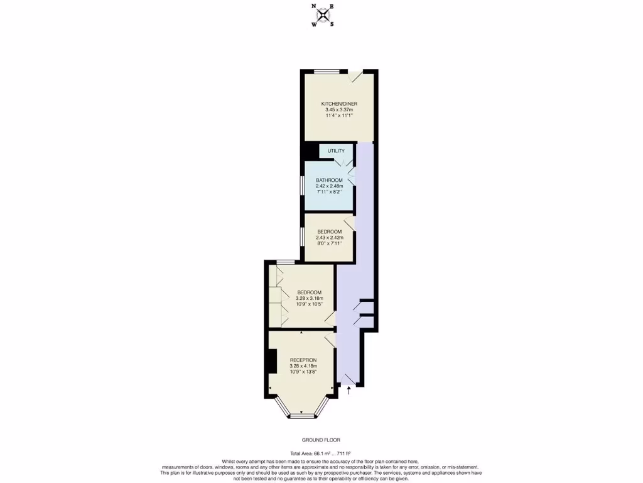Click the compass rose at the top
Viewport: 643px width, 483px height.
pyautogui.click(x=323, y=15)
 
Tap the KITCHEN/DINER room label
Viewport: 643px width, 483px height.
pyautogui.click(x=339, y=104)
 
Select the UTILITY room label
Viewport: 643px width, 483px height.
pyautogui.click(x=336, y=152)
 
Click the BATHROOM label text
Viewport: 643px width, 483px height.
pyautogui.click(x=329, y=180)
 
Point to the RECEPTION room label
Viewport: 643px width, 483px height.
pyautogui.click(x=303, y=360)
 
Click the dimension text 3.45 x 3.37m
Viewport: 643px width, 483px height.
pyautogui.click(x=339, y=110)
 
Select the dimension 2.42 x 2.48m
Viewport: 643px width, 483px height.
pyautogui.click(x=329, y=186)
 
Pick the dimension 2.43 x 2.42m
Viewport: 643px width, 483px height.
pyautogui.click(x=329, y=237)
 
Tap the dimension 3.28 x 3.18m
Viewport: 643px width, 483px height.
pyautogui.click(x=309, y=298)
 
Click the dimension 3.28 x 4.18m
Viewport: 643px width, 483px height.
pyautogui.click(x=303, y=366)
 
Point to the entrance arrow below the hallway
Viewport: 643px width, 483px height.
pyautogui.click(x=349, y=392)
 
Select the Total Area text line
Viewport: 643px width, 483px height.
pyautogui.click(x=320, y=453)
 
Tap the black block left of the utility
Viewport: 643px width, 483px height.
pyautogui.click(x=310, y=152)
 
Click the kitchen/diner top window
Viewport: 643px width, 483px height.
pyautogui.click(x=327, y=71)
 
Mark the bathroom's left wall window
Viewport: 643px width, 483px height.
pyautogui.click(x=302, y=187)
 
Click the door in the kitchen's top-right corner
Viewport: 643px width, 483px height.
pyautogui.click(x=356, y=76)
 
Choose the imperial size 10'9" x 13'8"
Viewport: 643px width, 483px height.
pyautogui.click(x=303, y=372)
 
